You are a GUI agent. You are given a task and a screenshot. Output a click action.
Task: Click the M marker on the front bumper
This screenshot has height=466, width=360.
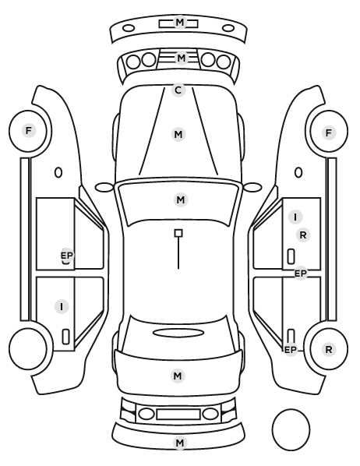coord(179,23)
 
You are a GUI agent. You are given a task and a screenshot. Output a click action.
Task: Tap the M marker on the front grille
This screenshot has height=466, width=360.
coord(181,58)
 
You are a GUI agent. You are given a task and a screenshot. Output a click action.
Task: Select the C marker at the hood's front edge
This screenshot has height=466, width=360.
coord(178,90)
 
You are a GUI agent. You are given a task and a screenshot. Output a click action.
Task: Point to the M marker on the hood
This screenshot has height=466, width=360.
coord(178,134)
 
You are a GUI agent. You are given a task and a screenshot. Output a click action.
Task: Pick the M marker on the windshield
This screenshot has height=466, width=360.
coord(181,199)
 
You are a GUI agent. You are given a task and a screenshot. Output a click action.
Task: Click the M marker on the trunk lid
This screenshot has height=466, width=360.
coord(178,376)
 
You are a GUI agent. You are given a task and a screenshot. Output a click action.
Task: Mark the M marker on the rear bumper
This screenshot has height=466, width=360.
coord(179,443)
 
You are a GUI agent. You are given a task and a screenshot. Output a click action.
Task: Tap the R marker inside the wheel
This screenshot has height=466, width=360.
coord(329,349)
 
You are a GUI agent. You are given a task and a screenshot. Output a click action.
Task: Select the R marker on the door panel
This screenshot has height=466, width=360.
coord(303,235)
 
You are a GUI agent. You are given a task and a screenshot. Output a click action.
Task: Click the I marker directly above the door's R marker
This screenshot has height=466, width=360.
coord(295,217)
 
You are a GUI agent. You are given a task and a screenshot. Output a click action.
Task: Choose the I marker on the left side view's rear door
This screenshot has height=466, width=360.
coord(62,306)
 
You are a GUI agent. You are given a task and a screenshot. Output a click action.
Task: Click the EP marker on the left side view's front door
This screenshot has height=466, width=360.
coord(67,256)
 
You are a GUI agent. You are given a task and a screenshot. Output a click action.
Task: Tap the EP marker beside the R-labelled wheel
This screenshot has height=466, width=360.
coord(291,350)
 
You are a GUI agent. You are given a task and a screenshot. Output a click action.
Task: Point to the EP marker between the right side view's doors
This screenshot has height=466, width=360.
coord(301,273)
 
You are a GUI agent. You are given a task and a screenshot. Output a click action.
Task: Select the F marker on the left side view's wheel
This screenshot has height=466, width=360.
coord(29,130)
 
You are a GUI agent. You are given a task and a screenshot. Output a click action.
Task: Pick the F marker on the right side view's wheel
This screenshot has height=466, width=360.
coord(329,132)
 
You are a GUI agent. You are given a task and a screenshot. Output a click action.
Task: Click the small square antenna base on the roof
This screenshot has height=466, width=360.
coord(178,233)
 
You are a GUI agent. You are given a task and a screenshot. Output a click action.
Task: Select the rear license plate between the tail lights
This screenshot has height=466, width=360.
coord(178,415)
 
